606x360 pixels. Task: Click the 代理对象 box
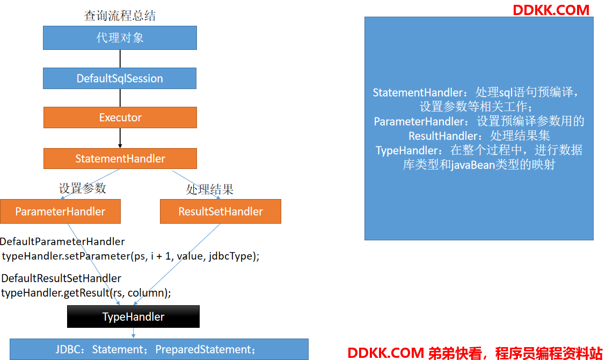120,38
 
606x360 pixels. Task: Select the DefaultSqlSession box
120,78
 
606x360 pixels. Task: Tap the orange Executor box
120,117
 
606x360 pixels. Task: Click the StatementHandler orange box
120,158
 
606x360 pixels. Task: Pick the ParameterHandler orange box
60,211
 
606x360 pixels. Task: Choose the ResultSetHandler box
221,211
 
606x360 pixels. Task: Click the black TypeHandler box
133,317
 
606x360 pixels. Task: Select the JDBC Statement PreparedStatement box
159,349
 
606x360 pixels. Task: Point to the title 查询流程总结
120,16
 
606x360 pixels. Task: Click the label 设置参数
82,188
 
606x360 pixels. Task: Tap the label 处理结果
210,189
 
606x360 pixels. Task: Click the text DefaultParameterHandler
62,241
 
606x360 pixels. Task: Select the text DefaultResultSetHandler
61,278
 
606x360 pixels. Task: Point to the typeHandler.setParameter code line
130,256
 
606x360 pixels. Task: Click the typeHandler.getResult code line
86,293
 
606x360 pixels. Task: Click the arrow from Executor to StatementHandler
120,138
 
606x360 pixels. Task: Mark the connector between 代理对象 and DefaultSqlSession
120,58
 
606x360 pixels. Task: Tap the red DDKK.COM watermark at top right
551,10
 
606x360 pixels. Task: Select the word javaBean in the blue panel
473,165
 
